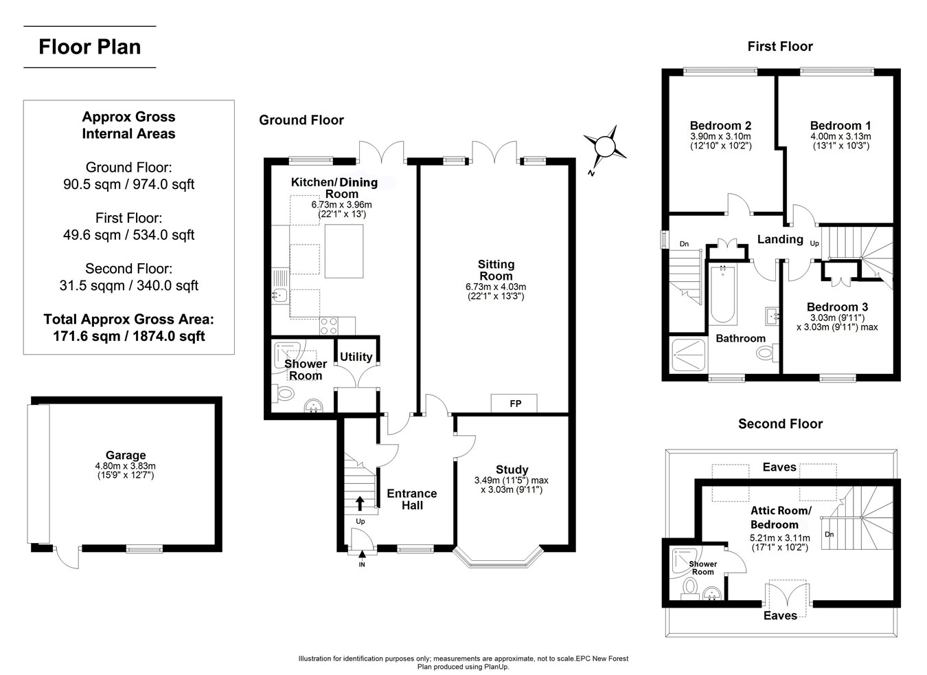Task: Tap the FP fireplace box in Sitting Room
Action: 514,403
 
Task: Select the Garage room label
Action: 126,456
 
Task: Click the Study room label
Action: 512,469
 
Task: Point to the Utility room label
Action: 356,357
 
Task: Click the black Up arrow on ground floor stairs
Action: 360,503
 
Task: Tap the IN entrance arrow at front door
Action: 362,554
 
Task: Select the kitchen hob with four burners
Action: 329,326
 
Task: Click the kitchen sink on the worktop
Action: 279,296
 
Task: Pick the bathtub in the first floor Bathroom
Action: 723,295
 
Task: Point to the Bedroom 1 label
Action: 840,126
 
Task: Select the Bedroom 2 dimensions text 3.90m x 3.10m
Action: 720,136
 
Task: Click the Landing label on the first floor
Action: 780,239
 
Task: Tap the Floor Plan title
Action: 90,47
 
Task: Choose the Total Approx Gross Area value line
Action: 128,336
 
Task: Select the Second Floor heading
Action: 781,424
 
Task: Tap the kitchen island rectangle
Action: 344,251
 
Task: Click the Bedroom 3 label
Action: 837,307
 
